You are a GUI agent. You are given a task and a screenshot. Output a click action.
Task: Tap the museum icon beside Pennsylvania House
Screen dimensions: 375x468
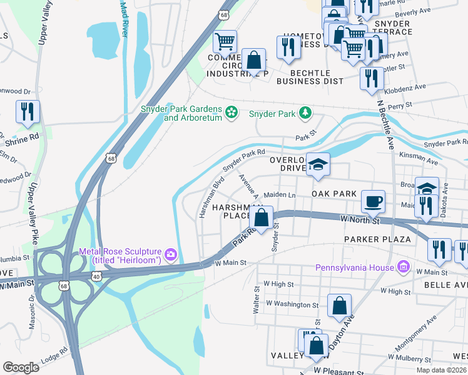[x=404, y=267]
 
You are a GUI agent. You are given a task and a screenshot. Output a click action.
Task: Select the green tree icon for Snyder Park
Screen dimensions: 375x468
[x=305, y=113]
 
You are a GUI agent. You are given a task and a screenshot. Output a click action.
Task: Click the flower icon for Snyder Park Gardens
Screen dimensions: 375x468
[x=232, y=112]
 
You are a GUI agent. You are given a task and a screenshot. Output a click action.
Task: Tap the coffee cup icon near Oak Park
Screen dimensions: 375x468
[x=374, y=201]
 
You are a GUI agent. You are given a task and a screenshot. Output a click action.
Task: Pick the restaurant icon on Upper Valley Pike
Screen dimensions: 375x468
[x=28, y=111]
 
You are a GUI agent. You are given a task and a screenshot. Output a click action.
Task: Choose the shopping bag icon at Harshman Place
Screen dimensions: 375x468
[x=262, y=217]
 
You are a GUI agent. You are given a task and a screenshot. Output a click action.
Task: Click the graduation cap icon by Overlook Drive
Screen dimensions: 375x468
[x=318, y=164]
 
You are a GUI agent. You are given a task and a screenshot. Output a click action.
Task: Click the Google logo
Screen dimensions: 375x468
[x=21, y=367]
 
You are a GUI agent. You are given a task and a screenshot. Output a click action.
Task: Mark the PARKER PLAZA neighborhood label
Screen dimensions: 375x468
[x=377, y=239]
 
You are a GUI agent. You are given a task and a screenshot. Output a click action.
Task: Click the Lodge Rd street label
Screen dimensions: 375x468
[x=54, y=356]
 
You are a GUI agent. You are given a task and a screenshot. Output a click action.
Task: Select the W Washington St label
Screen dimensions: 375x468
[x=292, y=304]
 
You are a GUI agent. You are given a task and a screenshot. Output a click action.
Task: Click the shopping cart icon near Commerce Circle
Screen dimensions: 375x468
[x=225, y=41]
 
